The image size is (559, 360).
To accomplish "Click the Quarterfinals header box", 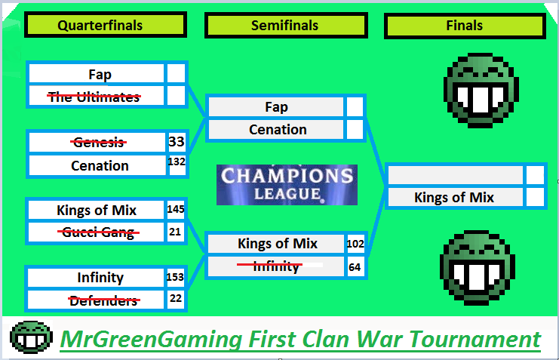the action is [x=106, y=25].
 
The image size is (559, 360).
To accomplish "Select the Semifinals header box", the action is [x=286, y=26].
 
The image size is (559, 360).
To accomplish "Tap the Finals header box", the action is [x=465, y=26].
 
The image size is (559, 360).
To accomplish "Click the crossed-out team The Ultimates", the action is [x=94, y=97].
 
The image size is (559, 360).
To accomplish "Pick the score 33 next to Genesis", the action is [x=177, y=142].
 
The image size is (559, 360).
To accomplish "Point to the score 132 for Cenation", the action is [x=177, y=162].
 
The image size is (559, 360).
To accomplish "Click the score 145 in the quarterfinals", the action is [x=176, y=209].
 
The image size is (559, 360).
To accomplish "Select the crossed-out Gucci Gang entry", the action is [x=98, y=232].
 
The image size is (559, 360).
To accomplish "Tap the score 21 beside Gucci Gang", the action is [x=175, y=232].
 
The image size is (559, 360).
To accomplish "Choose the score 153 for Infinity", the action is [x=175, y=277].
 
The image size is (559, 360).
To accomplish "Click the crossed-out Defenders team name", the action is [x=104, y=301].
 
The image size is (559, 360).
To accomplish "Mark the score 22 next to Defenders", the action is [x=176, y=298].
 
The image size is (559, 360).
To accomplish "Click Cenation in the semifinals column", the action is [x=278, y=130].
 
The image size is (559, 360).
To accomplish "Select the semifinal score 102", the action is [x=355, y=244].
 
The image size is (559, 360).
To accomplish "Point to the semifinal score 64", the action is [x=355, y=267].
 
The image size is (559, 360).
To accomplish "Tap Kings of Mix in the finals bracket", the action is [x=454, y=197].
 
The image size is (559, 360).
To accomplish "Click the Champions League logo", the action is [x=287, y=185].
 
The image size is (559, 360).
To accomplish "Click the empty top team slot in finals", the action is [x=456, y=176].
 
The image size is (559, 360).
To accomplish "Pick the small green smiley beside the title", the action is [x=32, y=337].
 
